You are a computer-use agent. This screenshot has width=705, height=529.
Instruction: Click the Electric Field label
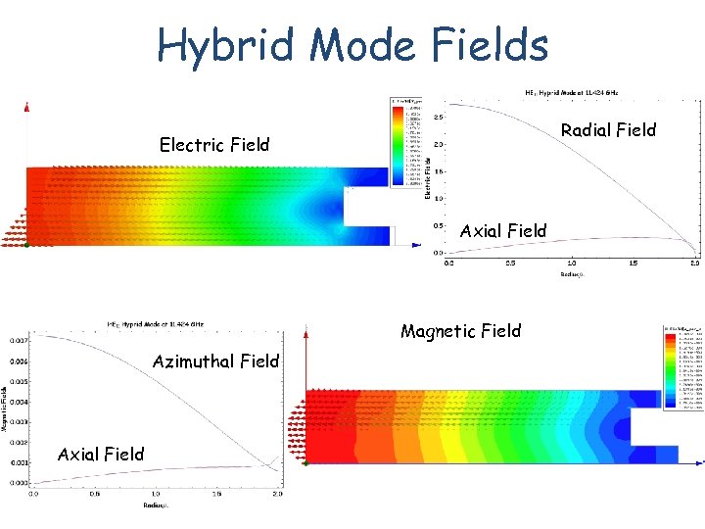coord(214,145)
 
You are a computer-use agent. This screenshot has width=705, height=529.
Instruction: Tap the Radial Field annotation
coord(608,130)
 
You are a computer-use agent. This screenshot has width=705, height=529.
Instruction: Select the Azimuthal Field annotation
coord(215,361)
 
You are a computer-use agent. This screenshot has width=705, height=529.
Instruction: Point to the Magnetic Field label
coord(460,331)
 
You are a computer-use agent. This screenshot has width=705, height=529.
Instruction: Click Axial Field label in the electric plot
coord(503,231)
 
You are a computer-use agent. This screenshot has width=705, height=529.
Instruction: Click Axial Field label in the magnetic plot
coord(101,454)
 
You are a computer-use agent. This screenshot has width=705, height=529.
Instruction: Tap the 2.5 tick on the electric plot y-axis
coord(440,117)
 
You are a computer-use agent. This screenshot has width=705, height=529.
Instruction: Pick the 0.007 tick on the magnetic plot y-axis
coord(19,340)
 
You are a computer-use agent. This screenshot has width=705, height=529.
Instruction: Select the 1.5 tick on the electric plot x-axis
coord(634,264)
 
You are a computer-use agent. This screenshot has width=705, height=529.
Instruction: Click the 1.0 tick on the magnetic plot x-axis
coord(156,494)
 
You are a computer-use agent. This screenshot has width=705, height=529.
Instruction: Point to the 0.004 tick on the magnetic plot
coord(19,402)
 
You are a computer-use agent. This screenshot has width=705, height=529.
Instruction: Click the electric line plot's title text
coord(578,92)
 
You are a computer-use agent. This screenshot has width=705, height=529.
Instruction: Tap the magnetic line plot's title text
coord(156,323)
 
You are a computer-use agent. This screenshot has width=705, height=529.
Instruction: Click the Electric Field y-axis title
coord(428,176)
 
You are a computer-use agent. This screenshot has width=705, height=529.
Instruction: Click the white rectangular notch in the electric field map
coord(369,207)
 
